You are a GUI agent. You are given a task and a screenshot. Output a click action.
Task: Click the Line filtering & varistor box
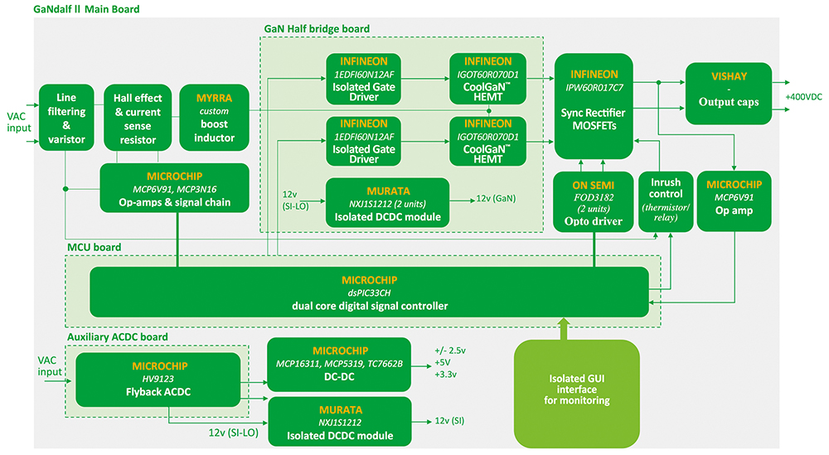pyautogui.click(x=65, y=117)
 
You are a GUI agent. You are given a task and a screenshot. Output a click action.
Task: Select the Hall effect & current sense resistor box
pyautogui.click(x=138, y=117)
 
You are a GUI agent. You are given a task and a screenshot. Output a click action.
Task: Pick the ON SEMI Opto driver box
pyautogui.click(x=592, y=201)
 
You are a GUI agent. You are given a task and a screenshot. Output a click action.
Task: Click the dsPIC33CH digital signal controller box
pyautogui.click(x=369, y=292)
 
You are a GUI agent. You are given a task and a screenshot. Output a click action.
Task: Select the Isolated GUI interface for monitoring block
pyautogui.click(x=577, y=389)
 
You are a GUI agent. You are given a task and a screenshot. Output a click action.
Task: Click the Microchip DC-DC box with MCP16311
pyautogui.click(x=338, y=365)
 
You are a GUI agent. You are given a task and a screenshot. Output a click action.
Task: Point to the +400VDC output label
pyautogui.click(x=803, y=96)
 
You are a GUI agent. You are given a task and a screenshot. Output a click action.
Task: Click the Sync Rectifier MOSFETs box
pyautogui.click(x=592, y=106)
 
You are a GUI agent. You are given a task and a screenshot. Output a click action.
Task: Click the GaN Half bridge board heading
pyautogui.click(x=317, y=28)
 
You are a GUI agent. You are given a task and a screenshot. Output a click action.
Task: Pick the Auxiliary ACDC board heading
pyautogui.click(x=116, y=337)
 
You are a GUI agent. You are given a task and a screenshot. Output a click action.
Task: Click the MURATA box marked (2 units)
pyautogui.click(x=387, y=201)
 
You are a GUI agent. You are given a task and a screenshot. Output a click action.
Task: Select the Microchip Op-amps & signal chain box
pyautogui.click(x=174, y=190)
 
